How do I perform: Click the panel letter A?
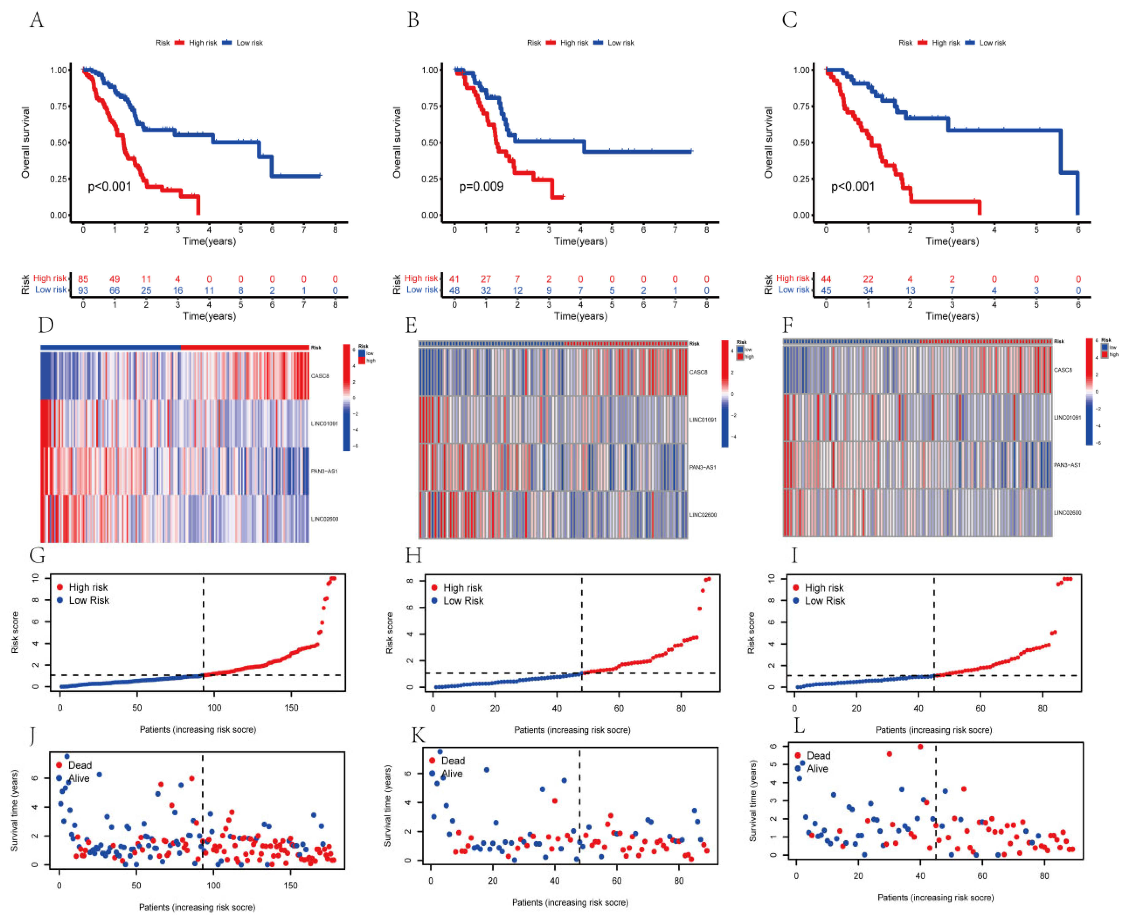[36, 20]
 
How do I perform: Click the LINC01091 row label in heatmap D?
[324, 424]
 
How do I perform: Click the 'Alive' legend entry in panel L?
[817, 769]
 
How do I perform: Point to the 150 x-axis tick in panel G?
[291, 708]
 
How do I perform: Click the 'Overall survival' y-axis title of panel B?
[397, 143]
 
